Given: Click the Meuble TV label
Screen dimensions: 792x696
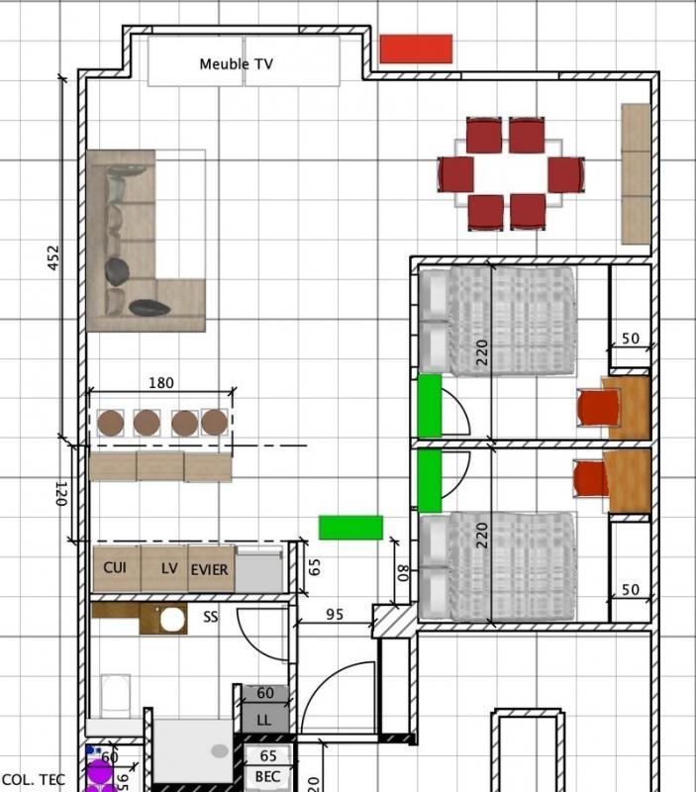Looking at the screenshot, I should click(236, 64).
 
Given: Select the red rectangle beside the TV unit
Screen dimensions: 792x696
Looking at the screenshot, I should click(416, 49).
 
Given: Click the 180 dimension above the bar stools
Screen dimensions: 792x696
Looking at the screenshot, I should click(160, 382).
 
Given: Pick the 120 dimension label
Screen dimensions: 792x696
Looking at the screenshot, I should click(58, 492).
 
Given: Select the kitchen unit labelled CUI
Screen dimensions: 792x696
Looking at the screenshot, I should click(115, 568).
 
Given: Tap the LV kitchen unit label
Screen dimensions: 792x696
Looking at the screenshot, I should click(169, 569).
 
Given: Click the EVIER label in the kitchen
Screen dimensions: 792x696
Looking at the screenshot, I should click(209, 569).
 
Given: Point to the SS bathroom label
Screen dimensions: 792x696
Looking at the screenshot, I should click(210, 617).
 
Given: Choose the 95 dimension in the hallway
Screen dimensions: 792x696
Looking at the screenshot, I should click(334, 615).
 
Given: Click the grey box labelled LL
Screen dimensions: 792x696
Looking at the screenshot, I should click(263, 719).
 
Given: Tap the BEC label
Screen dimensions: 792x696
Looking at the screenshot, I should click(267, 777).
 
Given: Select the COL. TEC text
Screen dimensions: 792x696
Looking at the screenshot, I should click(33, 780).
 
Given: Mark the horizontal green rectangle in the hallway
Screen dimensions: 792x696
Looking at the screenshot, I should click(350, 528).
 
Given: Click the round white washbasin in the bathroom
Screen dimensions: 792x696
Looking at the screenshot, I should click(173, 620).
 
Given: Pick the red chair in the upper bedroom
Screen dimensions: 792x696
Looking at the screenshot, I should click(597, 408).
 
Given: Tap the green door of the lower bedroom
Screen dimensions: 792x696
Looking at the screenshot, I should click(429, 481).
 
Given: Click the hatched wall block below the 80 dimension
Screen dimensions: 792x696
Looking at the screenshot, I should click(394, 621).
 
